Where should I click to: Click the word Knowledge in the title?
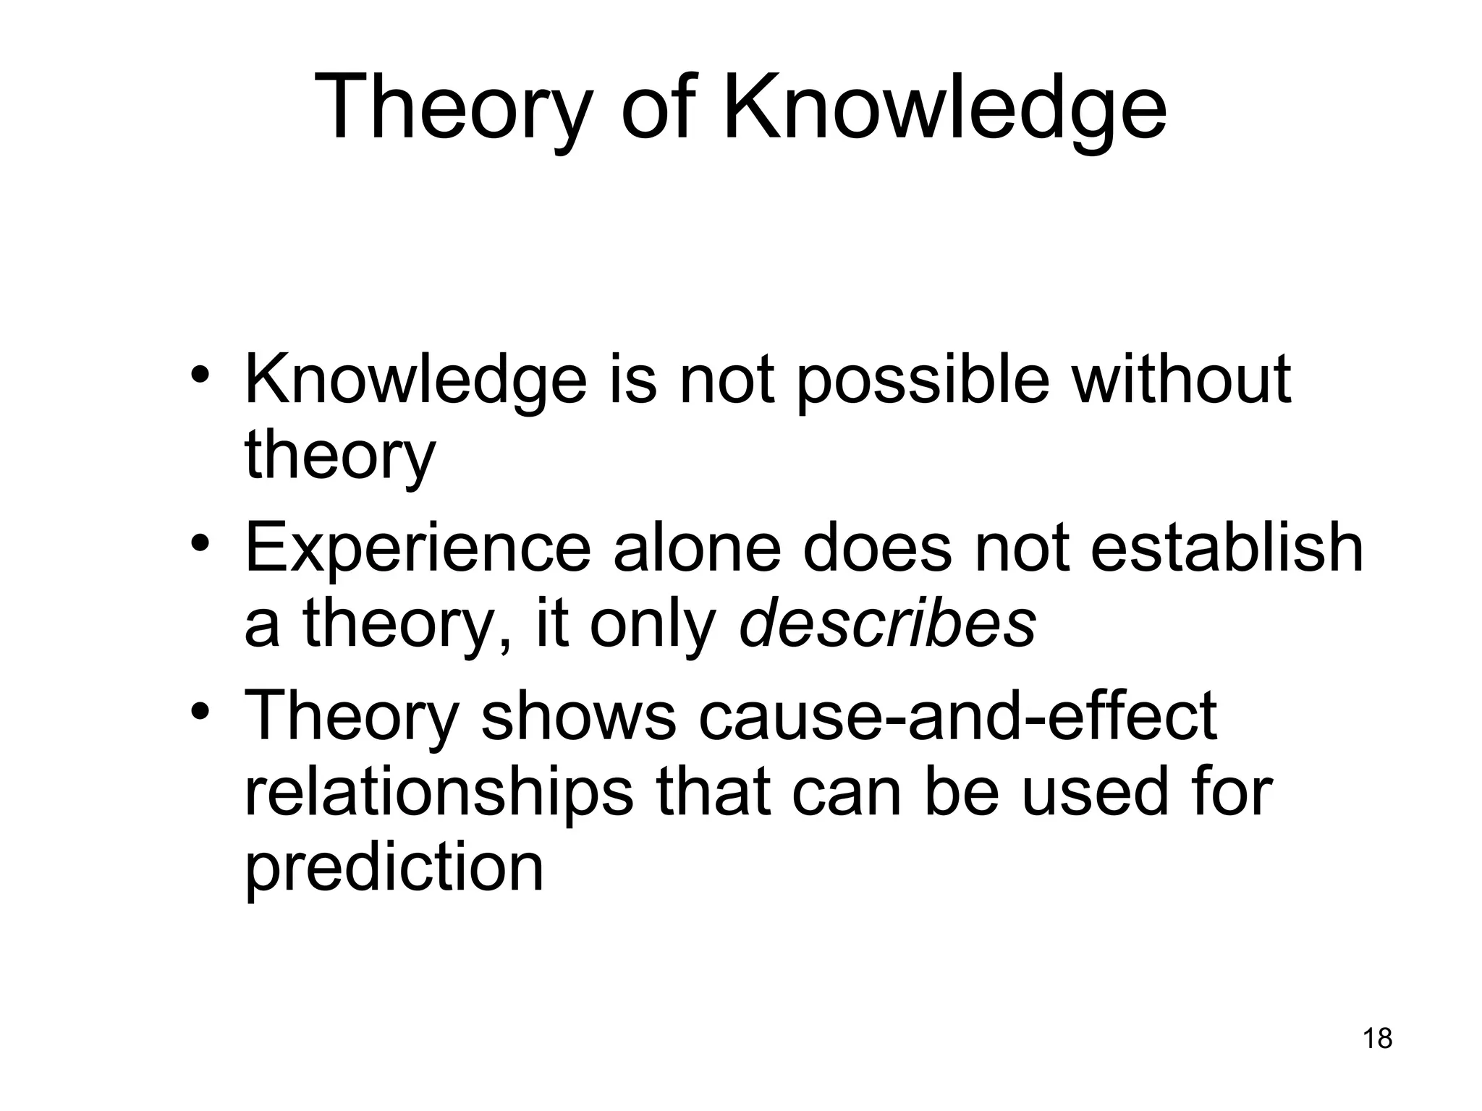click(x=944, y=108)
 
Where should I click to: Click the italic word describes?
click(x=887, y=623)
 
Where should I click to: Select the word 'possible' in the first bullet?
click(x=923, y=382)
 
